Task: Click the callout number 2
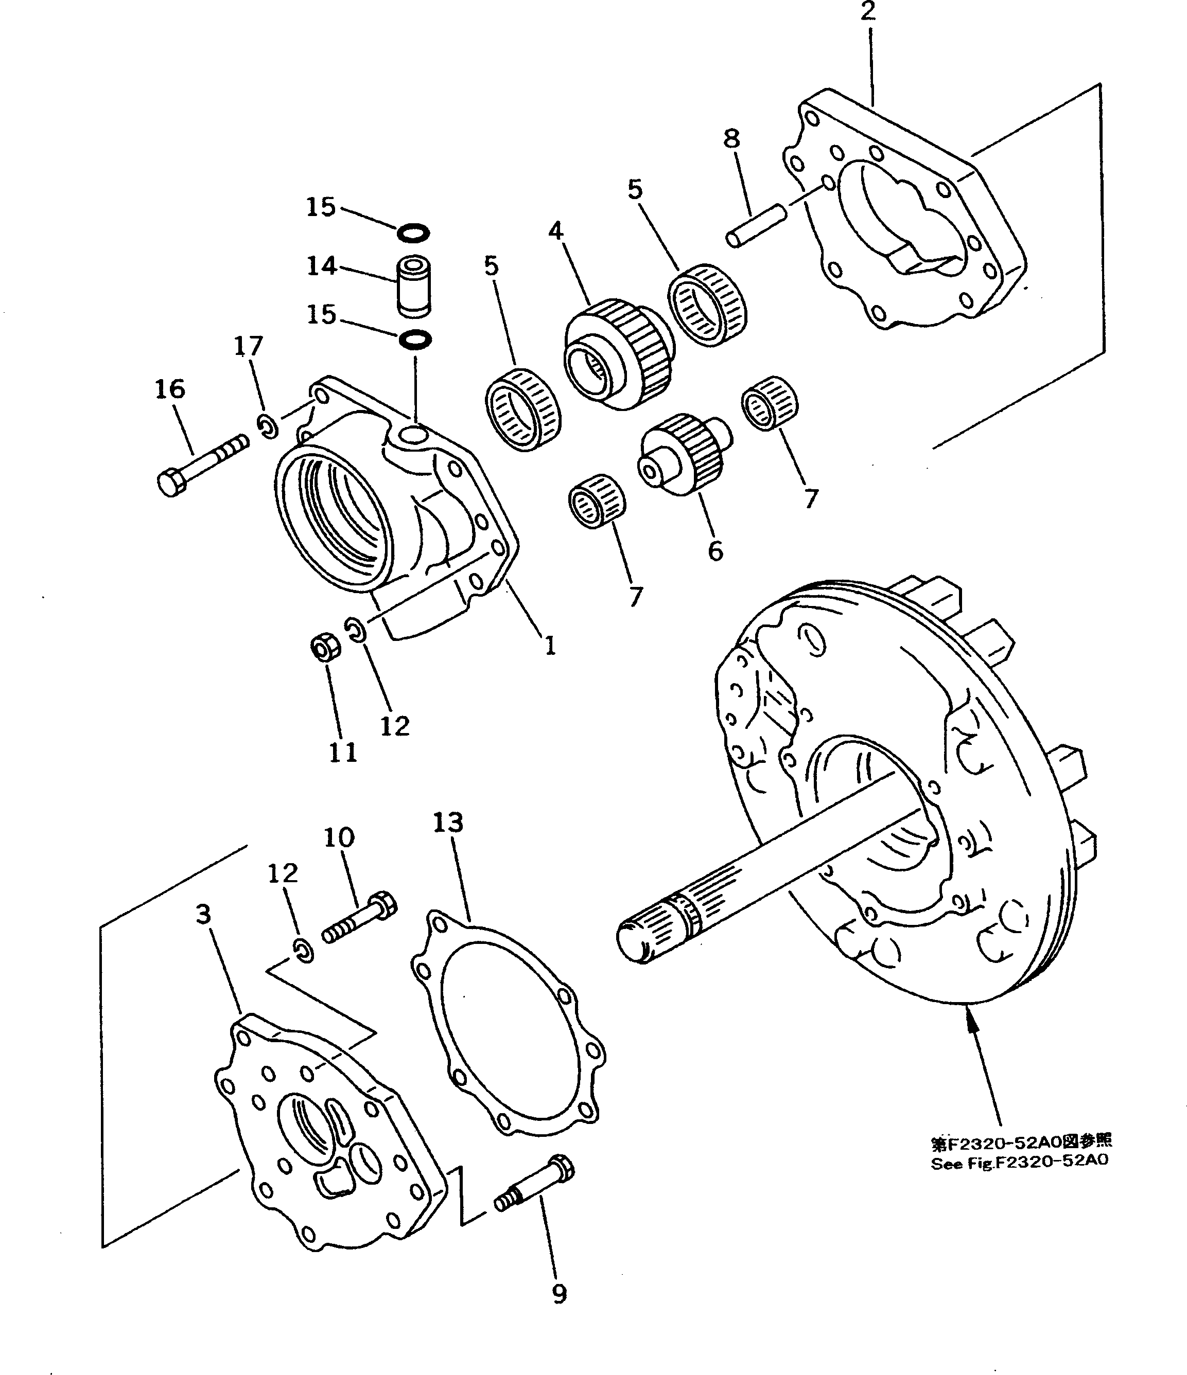[868, 11]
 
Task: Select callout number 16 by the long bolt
[170, 389]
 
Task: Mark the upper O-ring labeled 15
[413, 233]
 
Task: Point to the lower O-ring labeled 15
[415, 340]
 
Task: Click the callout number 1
[550, 645]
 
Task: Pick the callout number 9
[560, 1293]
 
